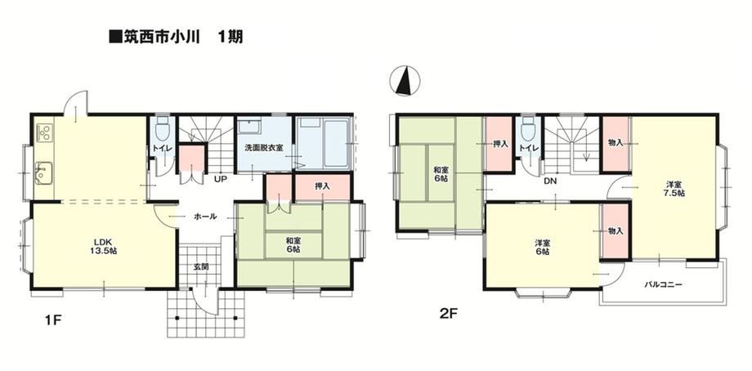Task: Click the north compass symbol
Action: pos(405,80)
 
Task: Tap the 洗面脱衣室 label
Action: pos(263,148)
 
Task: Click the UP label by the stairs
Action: pos(221,180)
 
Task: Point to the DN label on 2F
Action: pos(550,181)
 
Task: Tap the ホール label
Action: pos(205,217)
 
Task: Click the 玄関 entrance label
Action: pos(201,267)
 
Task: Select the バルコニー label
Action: pos(663,284)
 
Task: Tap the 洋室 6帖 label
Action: pos(543,248)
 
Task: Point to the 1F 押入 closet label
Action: pos(322,186)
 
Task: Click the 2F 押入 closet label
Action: pos(500,143)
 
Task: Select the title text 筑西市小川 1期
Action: pos(176,37)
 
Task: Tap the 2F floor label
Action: pos(450,314)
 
